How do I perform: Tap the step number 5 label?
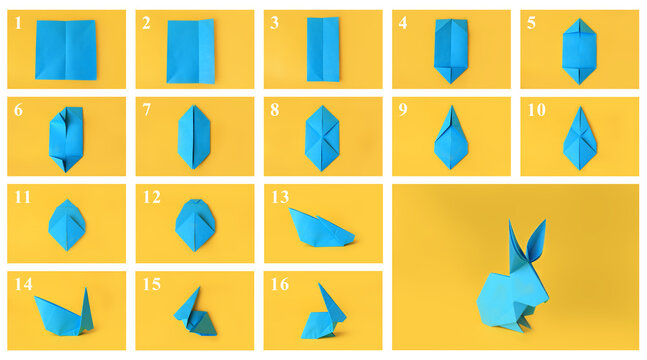[x=531, y=22]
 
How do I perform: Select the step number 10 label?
[x=536, y=110]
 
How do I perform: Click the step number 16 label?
[x=280, y=285]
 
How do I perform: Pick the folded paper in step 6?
[x=65, y=138]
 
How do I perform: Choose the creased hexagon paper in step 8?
[x=321, y=138]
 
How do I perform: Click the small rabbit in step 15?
[x=193, y=313]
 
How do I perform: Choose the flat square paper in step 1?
[x=65, y=49]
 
